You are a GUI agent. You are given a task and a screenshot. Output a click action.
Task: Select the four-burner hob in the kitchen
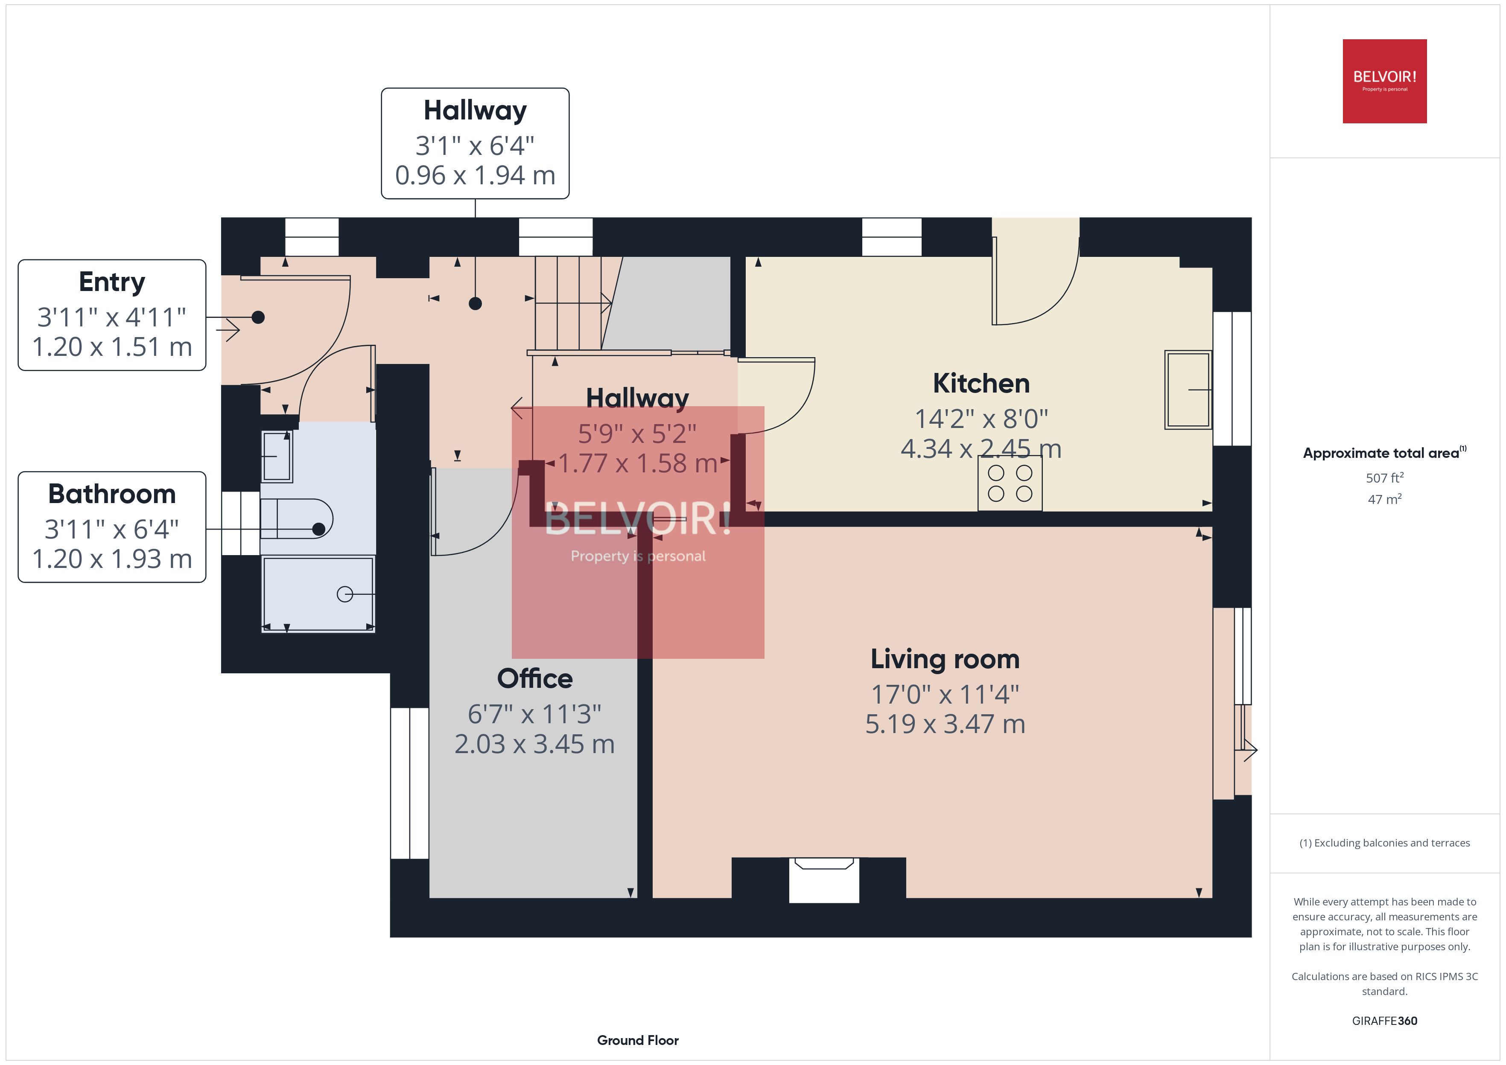pyautogui.click(x=1010, y=483)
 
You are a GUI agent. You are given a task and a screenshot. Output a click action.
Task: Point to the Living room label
pyautogui.click(x=945, y=659)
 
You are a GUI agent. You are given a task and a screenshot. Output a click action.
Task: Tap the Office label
pyautogui.click(x=534, y=678)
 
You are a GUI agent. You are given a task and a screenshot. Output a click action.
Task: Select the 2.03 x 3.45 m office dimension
pyautogui.click(x=534, y=744)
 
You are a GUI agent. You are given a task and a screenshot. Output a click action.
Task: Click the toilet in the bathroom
pyautogui.click(x=298, y=519)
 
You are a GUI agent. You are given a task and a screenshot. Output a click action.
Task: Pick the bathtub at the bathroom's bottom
pyautogui.click(x=318, y=594)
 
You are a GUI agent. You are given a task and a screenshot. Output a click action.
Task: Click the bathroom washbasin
pyautogui.click(x=277, y=456)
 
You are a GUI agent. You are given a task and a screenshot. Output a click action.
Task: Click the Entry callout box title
pyautogui.click(x=111, y=282)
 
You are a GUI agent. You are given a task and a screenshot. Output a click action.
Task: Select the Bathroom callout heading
pyautogui.click(x=111, y=494)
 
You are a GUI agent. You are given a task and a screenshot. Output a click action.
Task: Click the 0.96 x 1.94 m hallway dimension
pyautogui.click(x=475, y=175)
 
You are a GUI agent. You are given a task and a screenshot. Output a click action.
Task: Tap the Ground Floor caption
pyautogui.click(x=638, y=1040)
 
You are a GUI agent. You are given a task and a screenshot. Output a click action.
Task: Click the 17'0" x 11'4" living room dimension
pyautogui.click(x=945, y=694)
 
